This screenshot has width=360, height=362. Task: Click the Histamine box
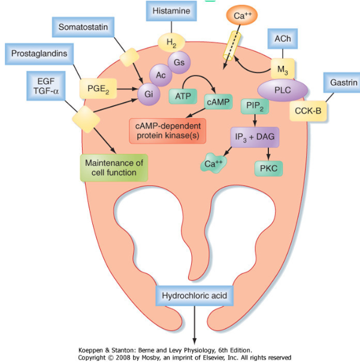pyautogui.click(x=171, y=11)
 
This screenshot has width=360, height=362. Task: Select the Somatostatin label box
pyautogui.click(x=83, y=27)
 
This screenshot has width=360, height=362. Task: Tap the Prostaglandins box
pyautogui.click(x=39, y=54)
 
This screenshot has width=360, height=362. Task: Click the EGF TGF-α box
pyautogui.click(x=46, y=86)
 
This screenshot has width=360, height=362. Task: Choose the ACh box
pyautogui.click(x=283, y=39)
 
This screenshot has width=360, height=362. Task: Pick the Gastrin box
pyautogui.click(x=343, y=83)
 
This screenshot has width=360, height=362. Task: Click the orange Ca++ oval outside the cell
pyautogui.click(x=242, y=15)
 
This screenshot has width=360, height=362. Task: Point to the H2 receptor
pyautogui.click(x=171, y=43)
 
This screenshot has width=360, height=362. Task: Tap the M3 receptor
pyautogui.click(x=283, y=70)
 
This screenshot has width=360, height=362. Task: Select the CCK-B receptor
pyautogui.click(x=308, y=111)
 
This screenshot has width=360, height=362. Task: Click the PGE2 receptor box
pyautogui.click(x=98, y=89)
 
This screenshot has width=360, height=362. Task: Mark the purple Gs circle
pyautogui.click(x=179, y=62)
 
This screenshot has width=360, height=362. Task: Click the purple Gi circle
pyautogui.click(x=149, y=94)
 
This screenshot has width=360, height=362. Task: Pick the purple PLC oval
pyautogui.click(x=283, y=90)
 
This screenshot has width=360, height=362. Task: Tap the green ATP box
pyautogui.click(x=183, y=96)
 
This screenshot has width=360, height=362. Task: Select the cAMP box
pyautogui.click(x=218, y=102)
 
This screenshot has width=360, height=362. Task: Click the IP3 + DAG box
pyautogui.click(x=255, y=137)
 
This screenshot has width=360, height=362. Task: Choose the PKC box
pyautogui.click(x=268, y=168)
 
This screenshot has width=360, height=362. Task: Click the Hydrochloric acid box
pyautogui.click(x=194, y=295)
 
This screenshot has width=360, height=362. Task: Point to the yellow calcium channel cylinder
pyautogui.click(x=232, y=46)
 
